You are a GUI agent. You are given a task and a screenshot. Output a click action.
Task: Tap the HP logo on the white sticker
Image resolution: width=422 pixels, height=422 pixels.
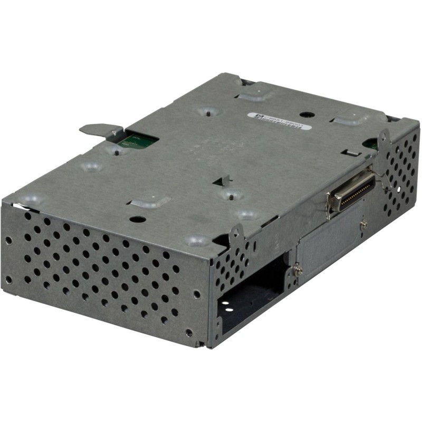point(254,113)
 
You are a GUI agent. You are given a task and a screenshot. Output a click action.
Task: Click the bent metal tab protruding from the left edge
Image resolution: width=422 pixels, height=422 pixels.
point(99,129)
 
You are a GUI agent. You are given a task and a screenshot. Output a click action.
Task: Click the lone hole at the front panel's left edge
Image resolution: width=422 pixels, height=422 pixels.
point(8,240)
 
